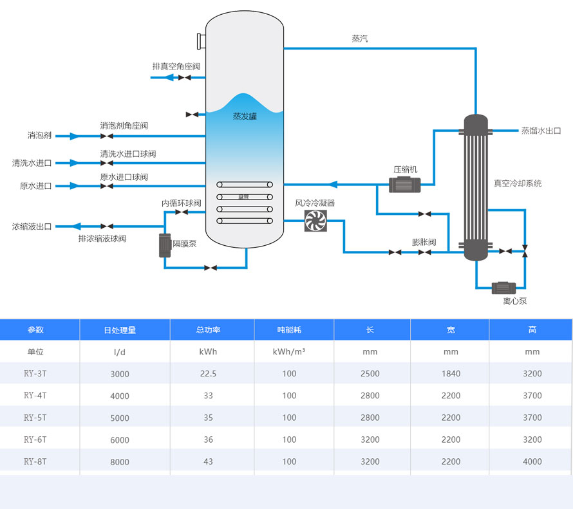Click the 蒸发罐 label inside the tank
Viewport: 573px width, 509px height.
245,116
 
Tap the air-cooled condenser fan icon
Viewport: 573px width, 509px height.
315,221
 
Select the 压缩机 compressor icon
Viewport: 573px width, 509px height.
405,185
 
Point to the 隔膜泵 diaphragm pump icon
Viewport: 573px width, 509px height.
165,245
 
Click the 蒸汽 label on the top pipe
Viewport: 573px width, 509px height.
360,39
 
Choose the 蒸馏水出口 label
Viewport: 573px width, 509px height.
541,131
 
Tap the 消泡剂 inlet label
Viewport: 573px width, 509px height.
39,136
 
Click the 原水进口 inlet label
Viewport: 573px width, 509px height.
35,186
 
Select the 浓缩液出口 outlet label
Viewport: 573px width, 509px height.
32,227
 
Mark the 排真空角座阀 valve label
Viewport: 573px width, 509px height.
176,66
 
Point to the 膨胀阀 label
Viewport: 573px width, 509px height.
424,243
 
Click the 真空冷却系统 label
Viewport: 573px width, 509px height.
518,183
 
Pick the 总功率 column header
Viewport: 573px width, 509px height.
208,330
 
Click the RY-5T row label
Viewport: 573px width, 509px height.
35,418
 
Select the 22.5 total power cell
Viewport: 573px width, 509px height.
208,374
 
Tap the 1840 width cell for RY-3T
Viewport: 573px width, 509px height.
451,374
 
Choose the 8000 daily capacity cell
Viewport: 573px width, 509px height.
120,462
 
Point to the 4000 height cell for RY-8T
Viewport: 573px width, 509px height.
532,461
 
